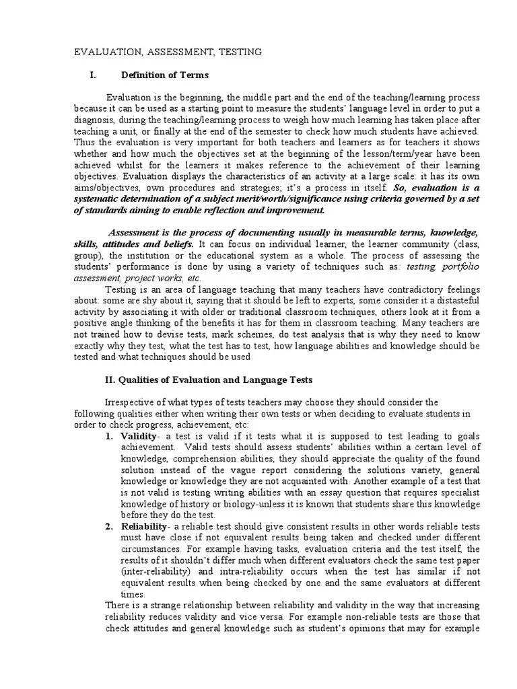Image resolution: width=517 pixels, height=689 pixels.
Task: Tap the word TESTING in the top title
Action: coord(239,51)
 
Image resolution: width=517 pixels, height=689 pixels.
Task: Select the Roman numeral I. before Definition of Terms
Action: coord(93,75)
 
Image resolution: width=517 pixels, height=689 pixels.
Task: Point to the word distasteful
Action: coord(452,302)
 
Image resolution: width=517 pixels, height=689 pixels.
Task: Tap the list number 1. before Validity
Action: coord(109,435)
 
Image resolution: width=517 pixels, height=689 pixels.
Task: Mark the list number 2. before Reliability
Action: coord(109,525)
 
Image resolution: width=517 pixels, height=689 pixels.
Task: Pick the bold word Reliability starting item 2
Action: coord(143,525)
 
